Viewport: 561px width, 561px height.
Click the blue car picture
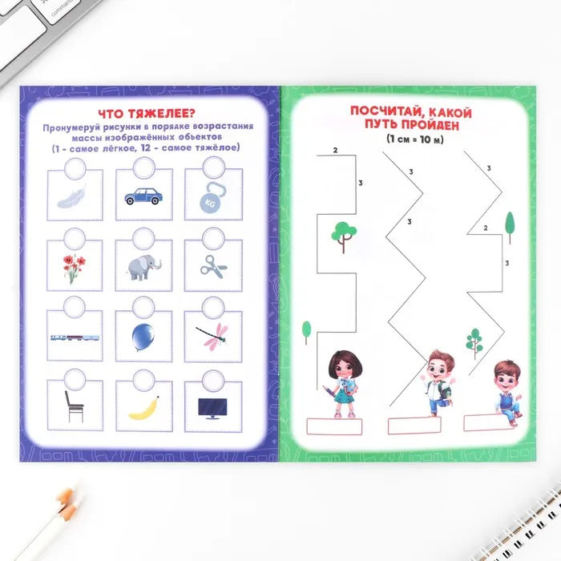(143, 196)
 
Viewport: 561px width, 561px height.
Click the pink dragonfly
(212, 335)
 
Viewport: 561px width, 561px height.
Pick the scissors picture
(213, 267)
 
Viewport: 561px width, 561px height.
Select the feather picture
(72, 196)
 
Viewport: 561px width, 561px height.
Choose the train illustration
(75, 337)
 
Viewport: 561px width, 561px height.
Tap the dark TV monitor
(212, 409)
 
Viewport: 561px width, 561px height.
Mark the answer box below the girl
(334, 427)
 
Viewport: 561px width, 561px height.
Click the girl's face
(345, 368)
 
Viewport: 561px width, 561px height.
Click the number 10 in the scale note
(425, 139)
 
